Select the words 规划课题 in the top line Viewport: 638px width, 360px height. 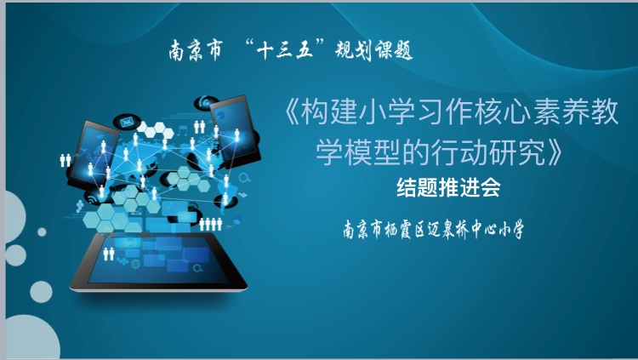pos(370,51)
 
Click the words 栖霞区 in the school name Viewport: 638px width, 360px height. pos(412,230)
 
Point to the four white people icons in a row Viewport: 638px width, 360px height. pos(210,223)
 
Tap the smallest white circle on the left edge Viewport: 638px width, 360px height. pos(42,231)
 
